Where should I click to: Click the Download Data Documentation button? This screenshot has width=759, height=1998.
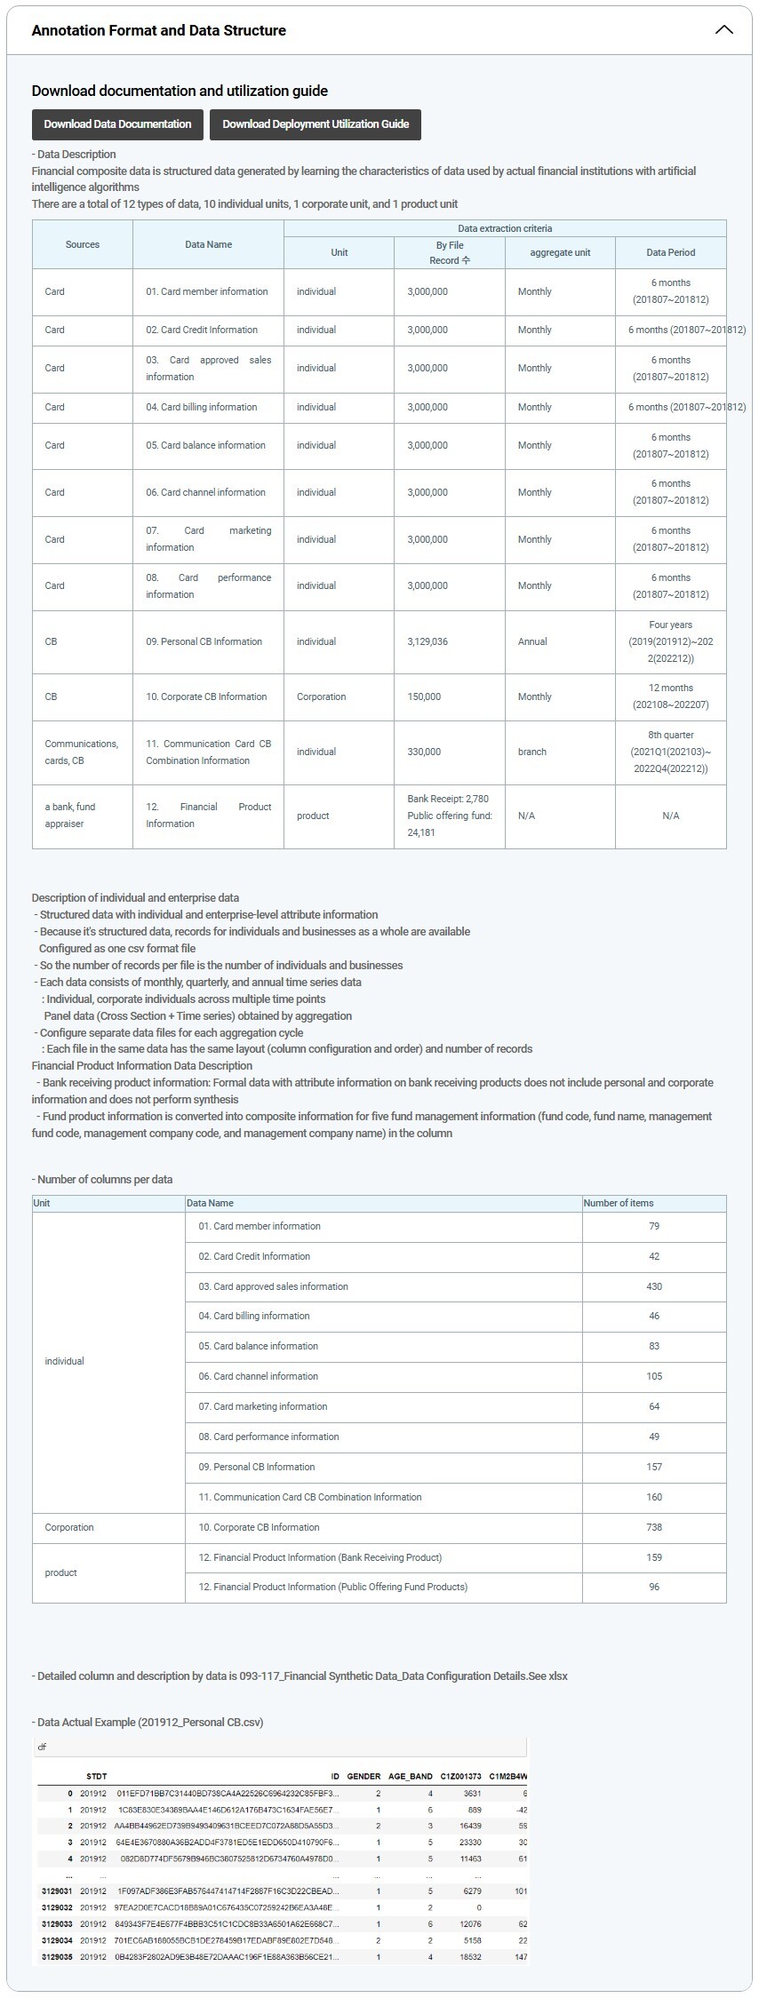(x=117, y=124)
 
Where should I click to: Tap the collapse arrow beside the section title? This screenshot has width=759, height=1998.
(x=724, y=30)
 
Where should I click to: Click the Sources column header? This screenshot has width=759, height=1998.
(x=83, y=244)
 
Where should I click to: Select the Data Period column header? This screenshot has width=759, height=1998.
(x=670, y=252)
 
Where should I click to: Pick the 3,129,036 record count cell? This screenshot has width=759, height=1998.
(x=427, y=641)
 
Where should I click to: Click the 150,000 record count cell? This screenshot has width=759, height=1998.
(x=424, y=697)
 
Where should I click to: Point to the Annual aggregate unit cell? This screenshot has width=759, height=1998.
(x=532, y=641)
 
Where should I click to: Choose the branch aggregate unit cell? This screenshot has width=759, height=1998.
(x=532, y=752)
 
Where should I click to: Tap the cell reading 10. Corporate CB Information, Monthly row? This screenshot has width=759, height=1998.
(x=206, y=697)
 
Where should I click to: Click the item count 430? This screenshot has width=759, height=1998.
(x=654, y=1286)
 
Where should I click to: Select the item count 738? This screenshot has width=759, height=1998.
(x=654, y=1527)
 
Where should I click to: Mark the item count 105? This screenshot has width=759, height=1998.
(x=654, y=1376)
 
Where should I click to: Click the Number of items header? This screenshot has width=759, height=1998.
(x=618, y=1203)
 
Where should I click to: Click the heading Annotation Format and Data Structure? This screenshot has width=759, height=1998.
(x=159, y=30)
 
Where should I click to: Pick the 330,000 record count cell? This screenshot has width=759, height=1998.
(x=424, y=752)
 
